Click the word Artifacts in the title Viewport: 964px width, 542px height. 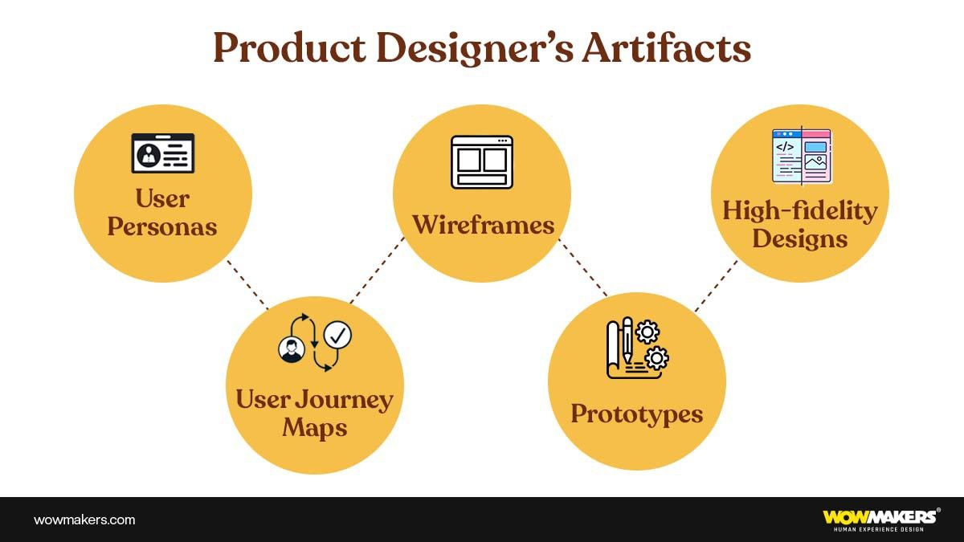click(667, 49)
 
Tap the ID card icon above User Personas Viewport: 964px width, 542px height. click(162, 153)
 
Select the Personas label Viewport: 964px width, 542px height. click(162, 226)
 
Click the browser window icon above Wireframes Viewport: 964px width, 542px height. click(482, 162)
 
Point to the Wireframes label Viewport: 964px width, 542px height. click(483, 225)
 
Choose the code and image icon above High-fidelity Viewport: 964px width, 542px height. click(801, 155)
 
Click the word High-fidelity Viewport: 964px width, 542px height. click(800, 210)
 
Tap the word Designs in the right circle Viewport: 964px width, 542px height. click(800, 238)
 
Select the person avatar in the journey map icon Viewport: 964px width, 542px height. click(291, 350)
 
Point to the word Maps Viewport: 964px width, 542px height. click(315, 427)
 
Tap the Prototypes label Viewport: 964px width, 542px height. click(636, 414)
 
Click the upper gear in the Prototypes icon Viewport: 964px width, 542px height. click(647, 331)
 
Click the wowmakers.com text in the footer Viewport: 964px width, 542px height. click(84, 520)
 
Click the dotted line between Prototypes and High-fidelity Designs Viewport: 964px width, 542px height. click(716, 286)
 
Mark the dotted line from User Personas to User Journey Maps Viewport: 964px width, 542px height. click(247, 283)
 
